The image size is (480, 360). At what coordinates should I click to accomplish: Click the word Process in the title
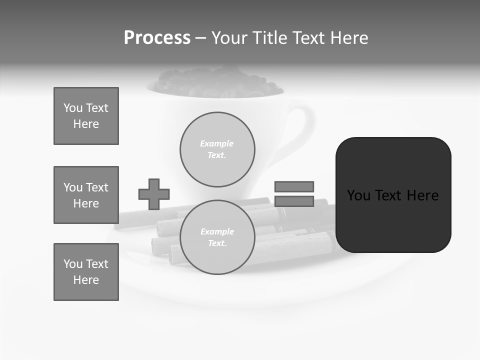click(157, 38)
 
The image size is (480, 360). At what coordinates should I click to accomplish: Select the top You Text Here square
click(86, 116)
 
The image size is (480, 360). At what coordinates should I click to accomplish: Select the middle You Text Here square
click(86, 195)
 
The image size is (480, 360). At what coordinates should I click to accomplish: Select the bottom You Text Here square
click(86, 272)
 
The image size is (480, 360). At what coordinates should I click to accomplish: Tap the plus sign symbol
click(154, 194)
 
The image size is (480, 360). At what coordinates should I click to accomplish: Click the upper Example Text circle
click(217, 149)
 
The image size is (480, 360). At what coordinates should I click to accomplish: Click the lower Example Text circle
click(217, 237)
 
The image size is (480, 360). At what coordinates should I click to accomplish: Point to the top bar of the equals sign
click(294, 186)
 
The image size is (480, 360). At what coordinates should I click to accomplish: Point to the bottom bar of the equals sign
click(294, 201)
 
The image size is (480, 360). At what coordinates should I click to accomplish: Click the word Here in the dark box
click(422, 195)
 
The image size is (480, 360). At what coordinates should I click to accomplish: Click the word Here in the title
click(348, 38)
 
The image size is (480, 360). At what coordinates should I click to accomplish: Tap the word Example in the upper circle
click(217, 143)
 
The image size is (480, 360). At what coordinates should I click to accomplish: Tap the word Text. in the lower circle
click(217, 243)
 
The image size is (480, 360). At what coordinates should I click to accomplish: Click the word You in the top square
click(72, 108)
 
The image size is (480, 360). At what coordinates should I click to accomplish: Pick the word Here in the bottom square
click(86, 280)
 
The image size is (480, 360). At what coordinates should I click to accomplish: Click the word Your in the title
click(230, 38)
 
